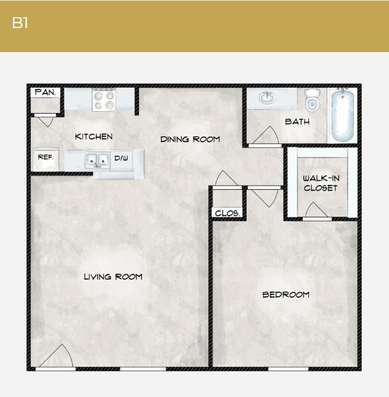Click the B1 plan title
click(20, 23)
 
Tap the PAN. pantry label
click(45, 92)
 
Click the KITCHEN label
click(94, 136)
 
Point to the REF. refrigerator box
click(45, 158)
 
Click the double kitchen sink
click(97, 160)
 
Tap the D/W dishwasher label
click(121, 158)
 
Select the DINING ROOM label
click(190, 139)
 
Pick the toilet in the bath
click(313, 101)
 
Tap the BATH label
click(297, 121)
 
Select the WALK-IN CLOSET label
click(321, 183)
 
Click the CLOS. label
click(227, 213)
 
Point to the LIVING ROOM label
click(113, 276)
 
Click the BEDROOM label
click(286, 295)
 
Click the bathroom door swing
click(266, 136)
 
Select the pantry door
click(45, 121)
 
